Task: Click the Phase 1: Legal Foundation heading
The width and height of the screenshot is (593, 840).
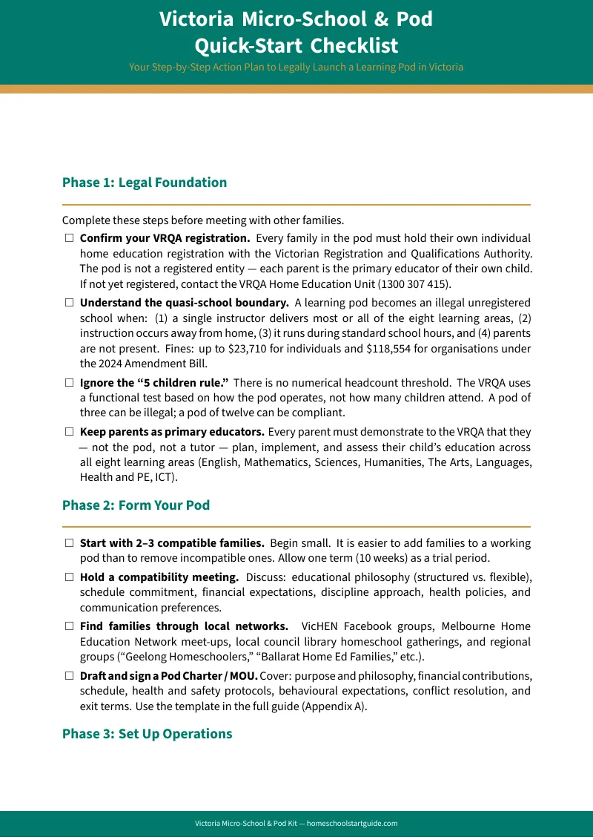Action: point(145,183)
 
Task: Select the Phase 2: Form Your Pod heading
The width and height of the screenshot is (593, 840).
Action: point(136,505)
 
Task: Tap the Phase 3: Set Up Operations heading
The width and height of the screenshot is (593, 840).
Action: point(147,734)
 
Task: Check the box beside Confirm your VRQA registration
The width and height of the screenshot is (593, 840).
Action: point(69,239)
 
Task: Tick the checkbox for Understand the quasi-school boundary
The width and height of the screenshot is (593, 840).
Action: point(69,303)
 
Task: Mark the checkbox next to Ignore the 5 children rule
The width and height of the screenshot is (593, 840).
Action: point(69,383)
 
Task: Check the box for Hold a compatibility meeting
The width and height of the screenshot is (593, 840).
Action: point(69,577)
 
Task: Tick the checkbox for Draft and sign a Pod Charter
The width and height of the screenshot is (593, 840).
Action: point(69,676)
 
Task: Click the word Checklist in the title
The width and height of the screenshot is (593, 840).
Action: point(354,45)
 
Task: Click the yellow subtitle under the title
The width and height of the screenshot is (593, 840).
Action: point(296,67)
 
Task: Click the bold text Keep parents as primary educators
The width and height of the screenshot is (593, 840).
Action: point(172,432)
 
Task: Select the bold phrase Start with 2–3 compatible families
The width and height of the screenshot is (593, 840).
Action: point(172,543)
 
